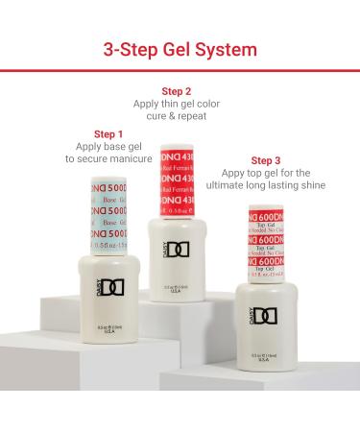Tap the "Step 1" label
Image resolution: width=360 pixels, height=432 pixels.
click(x=108, y=133)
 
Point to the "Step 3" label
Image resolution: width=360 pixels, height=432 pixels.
click(x=270, y=160)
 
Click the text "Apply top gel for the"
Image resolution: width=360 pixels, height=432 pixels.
click(x=271, y=174)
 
